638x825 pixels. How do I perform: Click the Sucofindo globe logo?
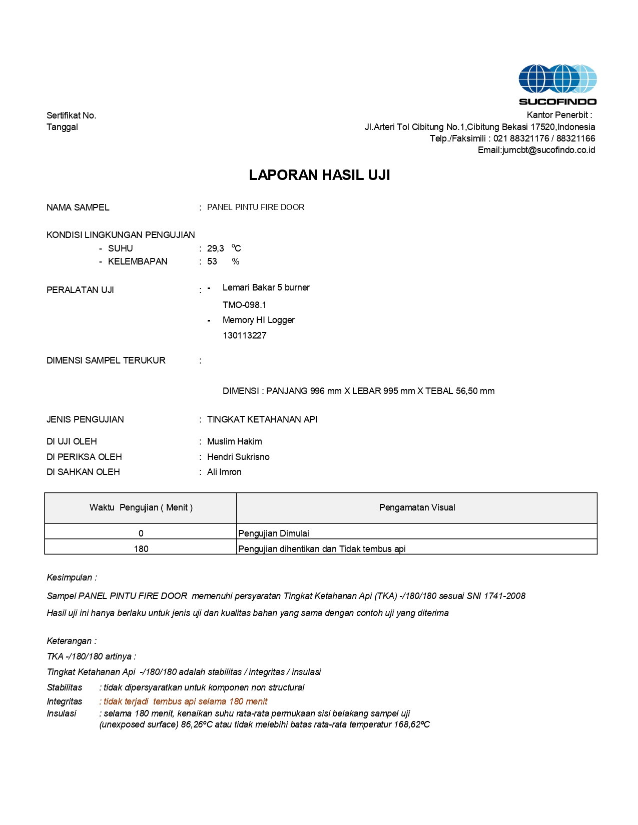557,79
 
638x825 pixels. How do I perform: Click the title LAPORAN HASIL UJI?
319,175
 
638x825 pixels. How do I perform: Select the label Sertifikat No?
71,115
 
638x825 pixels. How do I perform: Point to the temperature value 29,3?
215,248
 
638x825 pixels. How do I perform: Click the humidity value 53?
212,261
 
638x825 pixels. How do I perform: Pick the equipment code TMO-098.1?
244,305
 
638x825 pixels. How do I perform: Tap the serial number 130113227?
244,335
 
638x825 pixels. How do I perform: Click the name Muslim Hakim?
234,441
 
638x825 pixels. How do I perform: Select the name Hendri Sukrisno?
238,457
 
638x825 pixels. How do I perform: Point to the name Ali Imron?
224,472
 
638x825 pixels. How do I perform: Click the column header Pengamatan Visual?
417,507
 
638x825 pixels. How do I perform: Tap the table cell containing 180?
141,549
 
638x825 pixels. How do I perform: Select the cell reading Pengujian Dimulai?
273,533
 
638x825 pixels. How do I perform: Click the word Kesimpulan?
69,577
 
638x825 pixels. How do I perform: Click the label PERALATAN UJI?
80,290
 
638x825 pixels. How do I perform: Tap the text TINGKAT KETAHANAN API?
262,419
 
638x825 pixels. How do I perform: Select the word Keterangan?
69,641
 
